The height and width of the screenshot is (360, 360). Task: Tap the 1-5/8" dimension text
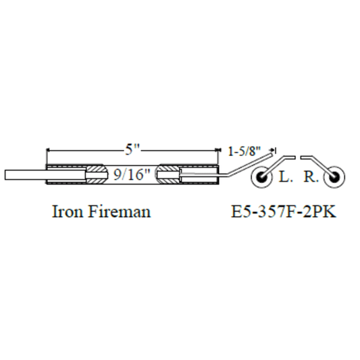click(245, 151)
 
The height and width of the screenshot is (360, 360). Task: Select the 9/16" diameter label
click(132, 175)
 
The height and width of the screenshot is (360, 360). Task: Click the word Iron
click(68, 211)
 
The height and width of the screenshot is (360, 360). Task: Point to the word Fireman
click(120, 211)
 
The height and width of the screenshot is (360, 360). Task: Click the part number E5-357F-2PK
click(283, 211)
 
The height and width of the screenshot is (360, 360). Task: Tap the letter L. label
click(286, 177)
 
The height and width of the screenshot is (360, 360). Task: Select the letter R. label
click(311, 177)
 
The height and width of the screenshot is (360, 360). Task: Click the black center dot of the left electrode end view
click(261, 177)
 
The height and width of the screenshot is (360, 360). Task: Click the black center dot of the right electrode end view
click(334, 177)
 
